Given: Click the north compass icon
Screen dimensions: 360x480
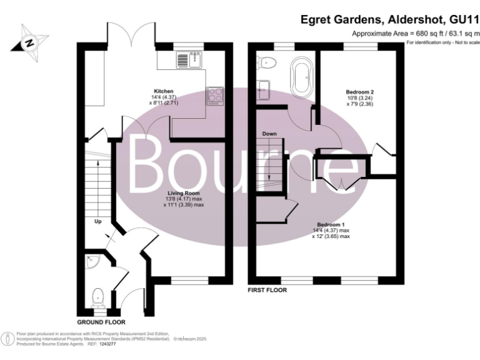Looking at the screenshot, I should pos(29,42).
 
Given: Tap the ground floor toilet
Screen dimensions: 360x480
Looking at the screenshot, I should pos(97,296).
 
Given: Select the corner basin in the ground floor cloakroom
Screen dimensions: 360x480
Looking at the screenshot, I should pos(91,261).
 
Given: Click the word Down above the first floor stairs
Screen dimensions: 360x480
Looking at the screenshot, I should pos(269,134).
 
